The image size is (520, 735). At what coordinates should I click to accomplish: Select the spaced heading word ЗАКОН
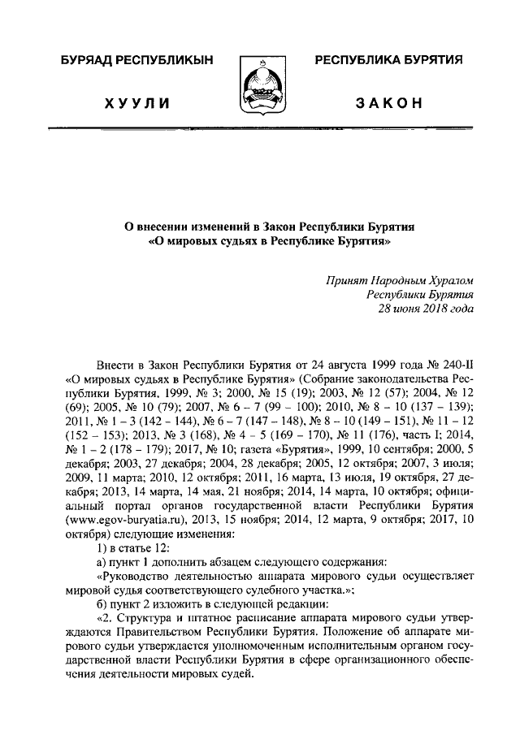[388, 103]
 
